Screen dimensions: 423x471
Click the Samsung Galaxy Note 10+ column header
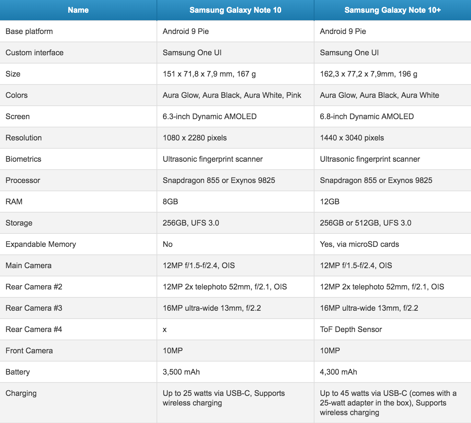(x=392, y=10)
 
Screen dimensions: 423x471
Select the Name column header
(x=78, y=10)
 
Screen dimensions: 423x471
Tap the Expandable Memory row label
(x=41, y=244)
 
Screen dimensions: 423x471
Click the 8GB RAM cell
(x=170, y=202)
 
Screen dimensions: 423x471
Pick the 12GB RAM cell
(x=330, y=202)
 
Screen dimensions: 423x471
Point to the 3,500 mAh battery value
(x=181, y=372)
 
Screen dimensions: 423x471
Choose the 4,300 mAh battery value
(x=338, y=372)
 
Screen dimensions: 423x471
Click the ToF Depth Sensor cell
(x=351, y=329)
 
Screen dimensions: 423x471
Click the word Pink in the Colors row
(x=294, y=95)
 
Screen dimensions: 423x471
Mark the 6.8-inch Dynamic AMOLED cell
(x=367, y=116)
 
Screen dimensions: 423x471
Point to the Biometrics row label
(x=23, y=159)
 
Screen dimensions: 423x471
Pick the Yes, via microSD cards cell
(x=359, y=244)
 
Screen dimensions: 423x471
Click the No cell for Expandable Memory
(x=168, y=244)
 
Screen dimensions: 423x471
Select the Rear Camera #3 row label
(x=34, y=308)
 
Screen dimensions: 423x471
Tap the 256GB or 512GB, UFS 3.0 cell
(x=366, y=223)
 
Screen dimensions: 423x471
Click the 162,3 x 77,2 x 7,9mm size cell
(x=369, y=74)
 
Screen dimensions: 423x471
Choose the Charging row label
(x=21, y=393)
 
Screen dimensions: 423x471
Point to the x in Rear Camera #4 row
(x=165, y=330)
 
